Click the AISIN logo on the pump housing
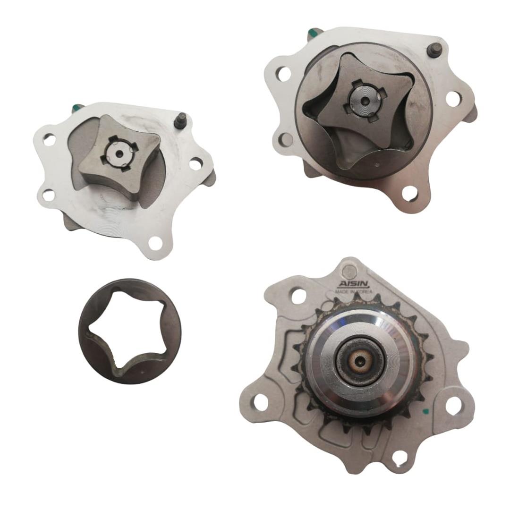[354, 284]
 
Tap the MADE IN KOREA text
[354, 292]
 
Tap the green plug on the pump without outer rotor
[77, 107]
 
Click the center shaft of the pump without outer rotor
[119, 154]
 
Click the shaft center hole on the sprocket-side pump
[360, 360]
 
